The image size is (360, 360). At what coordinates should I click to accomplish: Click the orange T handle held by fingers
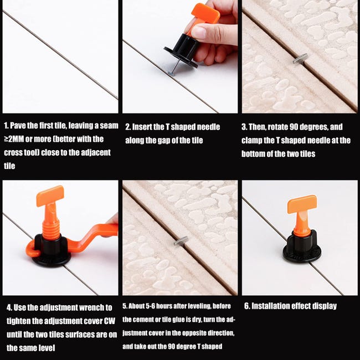pyautogui.click(x=204, y=16)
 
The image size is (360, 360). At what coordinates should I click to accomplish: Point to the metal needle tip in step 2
pyautogui.click(x=171, y=74)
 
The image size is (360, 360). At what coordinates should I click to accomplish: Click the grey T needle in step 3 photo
pyautogui.click(x=300, y=59)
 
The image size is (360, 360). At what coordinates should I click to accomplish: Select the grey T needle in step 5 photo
pyautogui.click(x=181, y=241)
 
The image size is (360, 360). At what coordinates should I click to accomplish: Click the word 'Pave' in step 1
pyautogui.click(x=18, y=126)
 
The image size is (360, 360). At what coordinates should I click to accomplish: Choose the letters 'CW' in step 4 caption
pyautogui.click(x=110, y=321)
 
